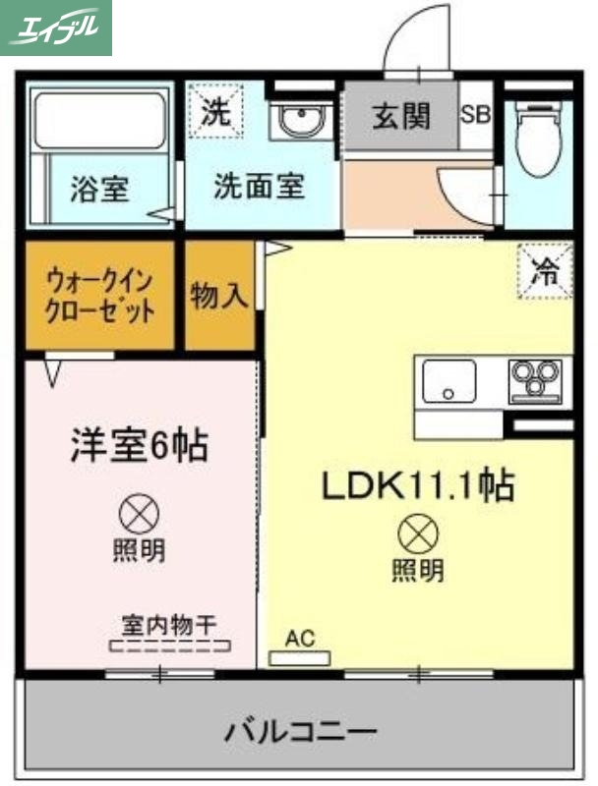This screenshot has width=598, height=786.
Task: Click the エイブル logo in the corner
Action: (x=56, y=27)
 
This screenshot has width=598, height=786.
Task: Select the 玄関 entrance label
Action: (x=400, y=116)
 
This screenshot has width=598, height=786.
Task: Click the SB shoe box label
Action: (x=476, y=114)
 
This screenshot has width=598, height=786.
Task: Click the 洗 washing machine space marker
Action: (x=214, y=111)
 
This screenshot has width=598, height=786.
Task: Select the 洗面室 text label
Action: (x=259, y=186)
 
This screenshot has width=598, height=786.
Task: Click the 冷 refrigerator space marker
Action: (x=543, y=272)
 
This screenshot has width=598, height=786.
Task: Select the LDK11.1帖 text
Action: (x=416, y=484)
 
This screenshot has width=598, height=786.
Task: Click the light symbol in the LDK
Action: (x=417, y=534)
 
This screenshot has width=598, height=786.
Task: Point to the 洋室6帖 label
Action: (x=138, y=445)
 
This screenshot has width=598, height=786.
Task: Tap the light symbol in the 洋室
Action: (x=139, y=511)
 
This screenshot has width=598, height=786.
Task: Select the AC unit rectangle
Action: (x=300, y=656)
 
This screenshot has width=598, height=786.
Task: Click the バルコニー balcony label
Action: (x=299, y=731)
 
